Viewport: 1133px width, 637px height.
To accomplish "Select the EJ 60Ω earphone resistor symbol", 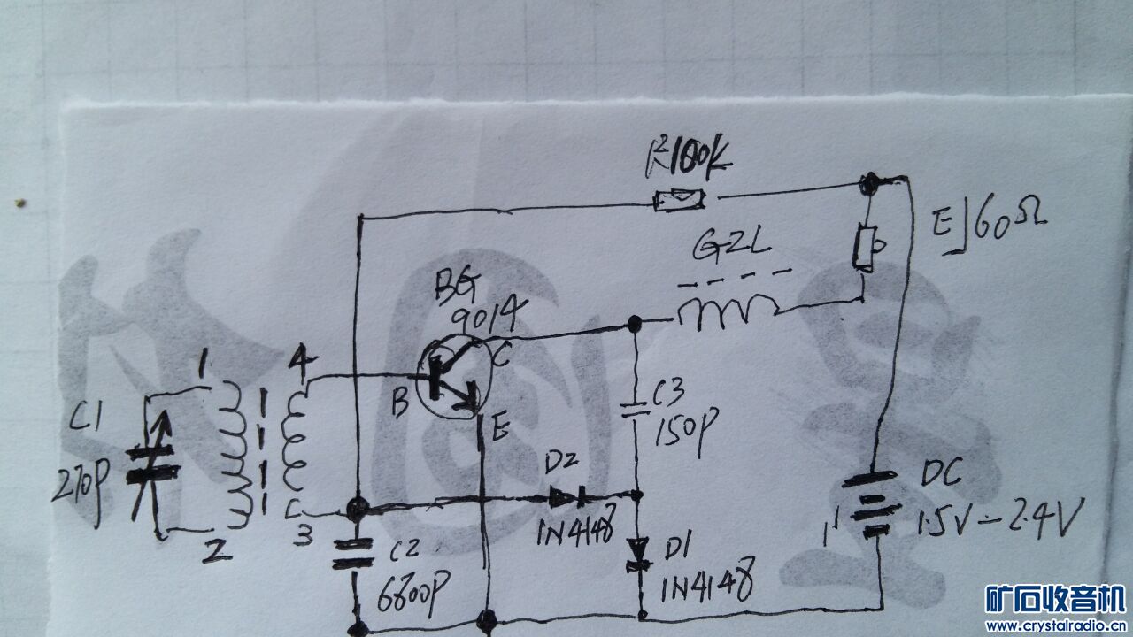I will coord(863,247).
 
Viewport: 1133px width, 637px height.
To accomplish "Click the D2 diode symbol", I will coord(566,497).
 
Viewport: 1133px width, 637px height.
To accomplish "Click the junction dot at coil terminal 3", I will coord(357,509).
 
